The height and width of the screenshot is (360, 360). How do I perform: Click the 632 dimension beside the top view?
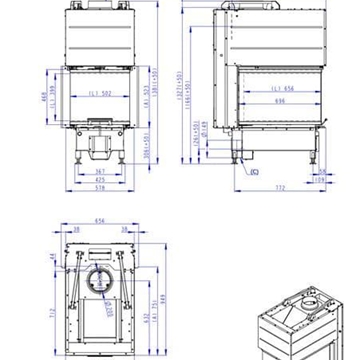tap(144, 320)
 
